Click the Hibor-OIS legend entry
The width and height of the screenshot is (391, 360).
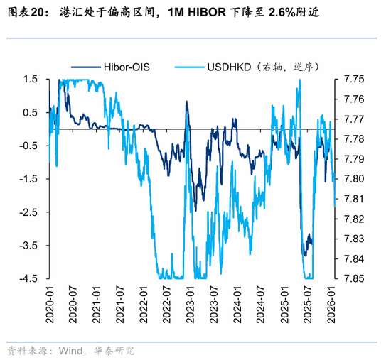click(128, 68)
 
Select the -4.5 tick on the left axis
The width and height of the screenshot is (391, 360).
click(28, 278)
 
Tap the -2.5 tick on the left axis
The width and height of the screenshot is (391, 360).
click(28, 212)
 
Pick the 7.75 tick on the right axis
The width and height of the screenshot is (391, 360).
click(353, 79)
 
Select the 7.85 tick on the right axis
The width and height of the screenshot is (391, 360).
click(353, 278)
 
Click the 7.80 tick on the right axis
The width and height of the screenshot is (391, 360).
click(353, 179)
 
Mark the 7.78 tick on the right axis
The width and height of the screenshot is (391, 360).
click(353, 138)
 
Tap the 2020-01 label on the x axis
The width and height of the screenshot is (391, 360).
click(49, 302)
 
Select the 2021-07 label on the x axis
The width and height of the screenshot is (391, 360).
click(119, 302)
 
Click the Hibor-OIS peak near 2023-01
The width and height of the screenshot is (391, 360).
click(186, 102)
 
